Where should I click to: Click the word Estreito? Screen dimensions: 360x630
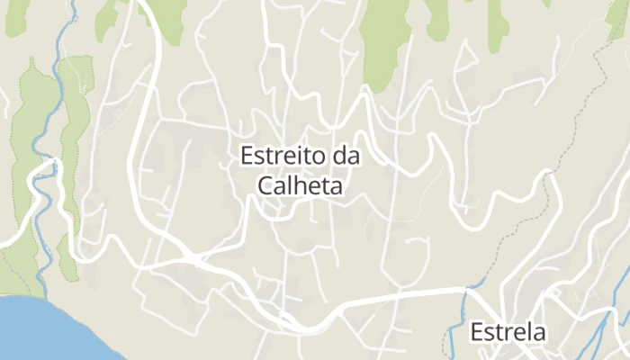click(283, 156)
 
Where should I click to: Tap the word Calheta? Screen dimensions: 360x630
click(301, 185)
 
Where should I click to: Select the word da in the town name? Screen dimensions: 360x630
click(346, 156)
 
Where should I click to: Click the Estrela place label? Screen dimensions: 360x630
click(508, 332)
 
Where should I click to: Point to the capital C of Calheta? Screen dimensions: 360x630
click(265, 185)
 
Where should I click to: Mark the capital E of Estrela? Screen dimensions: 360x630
click(478, 332)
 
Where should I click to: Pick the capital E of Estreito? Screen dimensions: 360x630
click(247, 156)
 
